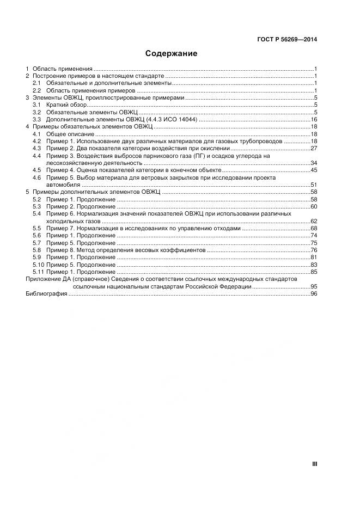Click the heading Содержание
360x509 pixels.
(x=171, y=54)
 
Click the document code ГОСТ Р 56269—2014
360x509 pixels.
(x=287, y=39)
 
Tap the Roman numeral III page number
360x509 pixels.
(x=314, y=464)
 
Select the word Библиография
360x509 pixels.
(x=46, y=293)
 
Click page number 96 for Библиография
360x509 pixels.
(x=314, y=293)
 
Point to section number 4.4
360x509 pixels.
(x=36, y=156)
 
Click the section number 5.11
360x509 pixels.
(x=38, y=272)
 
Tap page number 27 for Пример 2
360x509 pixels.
(x=314, y=148)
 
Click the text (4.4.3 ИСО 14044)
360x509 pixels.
(x=172, y=119)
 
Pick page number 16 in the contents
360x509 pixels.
(x=314, y=119)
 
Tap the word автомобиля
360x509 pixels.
(x=63, y=185)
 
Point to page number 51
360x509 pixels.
(x=314, y=185)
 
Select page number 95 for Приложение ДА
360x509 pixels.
(x=314, y=286)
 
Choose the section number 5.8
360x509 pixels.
(x=36, y=250)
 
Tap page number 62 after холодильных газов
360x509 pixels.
(x=314, y=221)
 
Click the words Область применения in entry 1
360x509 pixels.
(x=63, y=69)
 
